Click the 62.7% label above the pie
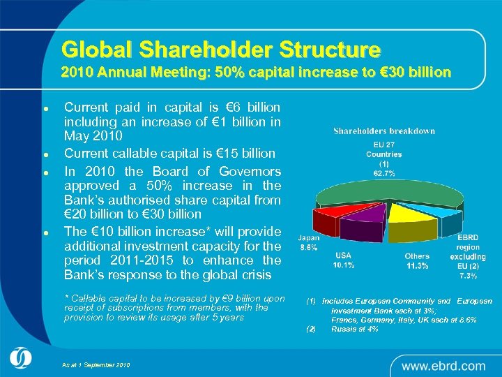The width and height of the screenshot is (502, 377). (x=384, y=172)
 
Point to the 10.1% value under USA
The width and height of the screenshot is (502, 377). (x=343, y=265)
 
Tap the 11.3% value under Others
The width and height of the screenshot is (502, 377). (x=417, y=266)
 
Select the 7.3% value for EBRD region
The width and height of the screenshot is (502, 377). (x=468, y=276)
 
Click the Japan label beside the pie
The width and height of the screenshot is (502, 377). (x=309, y=238)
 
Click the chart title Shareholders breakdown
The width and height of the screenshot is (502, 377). (x=384, y=131)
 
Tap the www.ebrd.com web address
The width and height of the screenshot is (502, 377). (x=443, y=365)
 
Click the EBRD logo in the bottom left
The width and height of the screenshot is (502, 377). (x=20, y=357)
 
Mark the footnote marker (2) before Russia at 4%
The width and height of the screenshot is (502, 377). (x=311, y=328)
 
